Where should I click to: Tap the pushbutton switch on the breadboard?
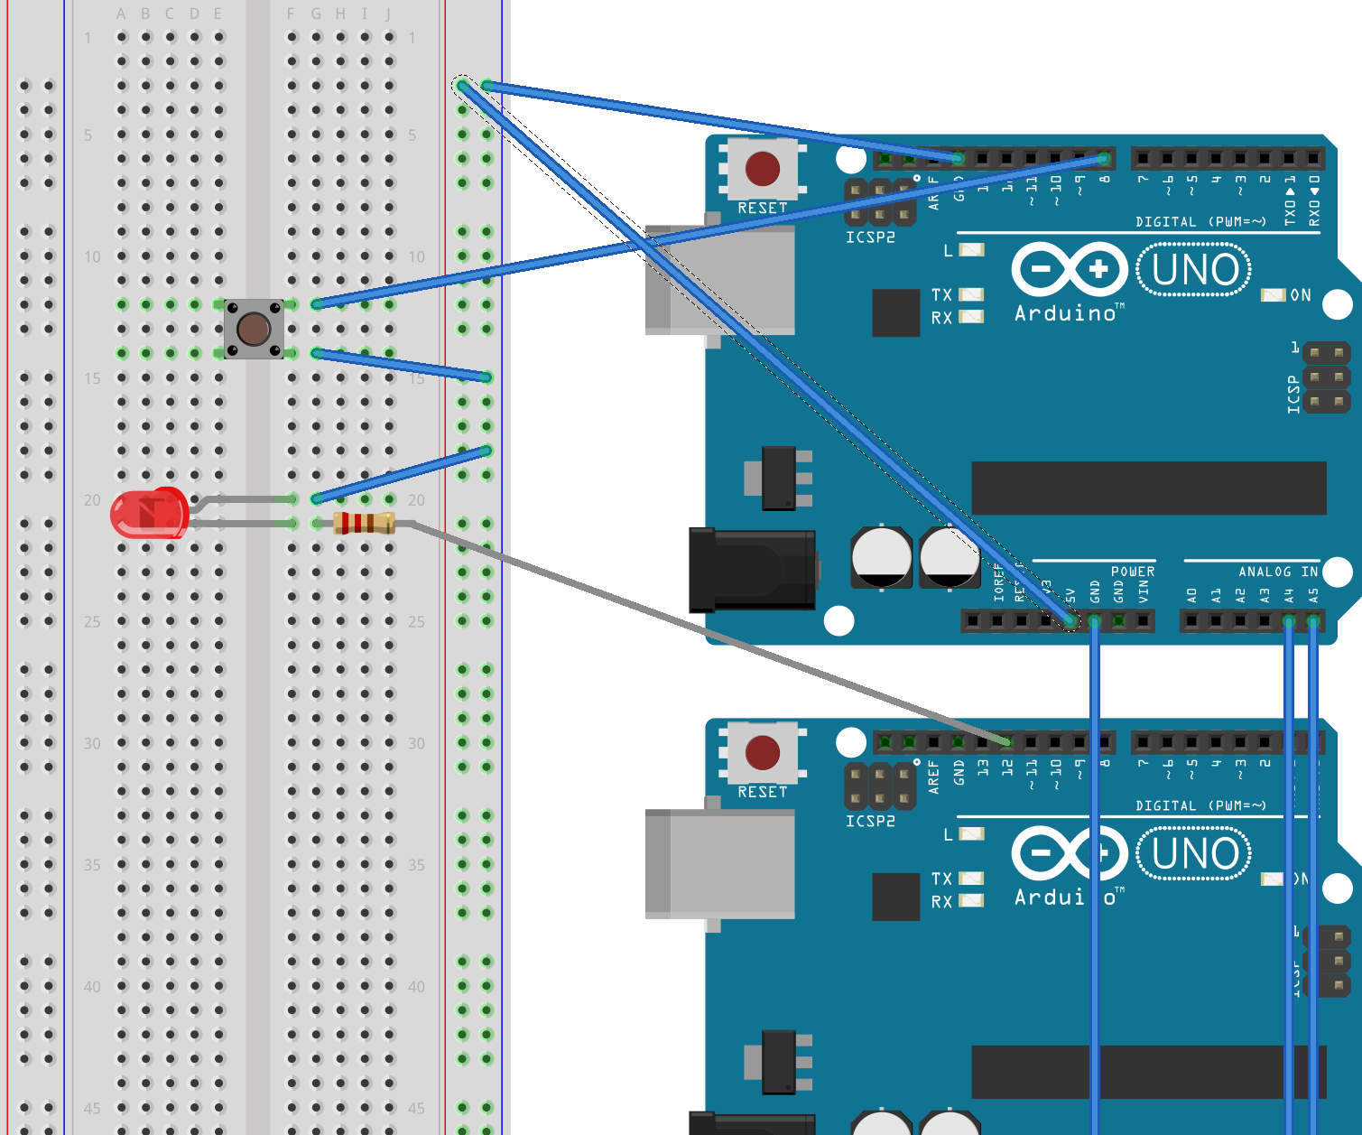(x=254, y=329)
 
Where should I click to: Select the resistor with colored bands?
(x=364, y=523)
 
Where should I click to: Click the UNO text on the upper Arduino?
(x=1194, y=270)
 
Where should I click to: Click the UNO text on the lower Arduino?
(x=1194, y=854)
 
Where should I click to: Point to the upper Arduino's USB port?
(x=719, y=280)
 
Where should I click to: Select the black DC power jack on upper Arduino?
(x=752, y=570)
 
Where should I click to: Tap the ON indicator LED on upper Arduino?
(x=1273, y=295)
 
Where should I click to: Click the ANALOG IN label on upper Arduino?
(x=1277, y=572)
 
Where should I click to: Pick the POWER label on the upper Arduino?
(x=1132, y=572)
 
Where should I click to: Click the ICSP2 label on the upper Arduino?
(x=870, y=237)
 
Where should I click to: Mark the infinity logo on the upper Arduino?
(x=1070, y=269)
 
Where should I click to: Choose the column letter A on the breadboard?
(x=121, y=14)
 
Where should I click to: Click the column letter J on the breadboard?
(x=388, y=14)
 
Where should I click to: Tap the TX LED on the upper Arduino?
(x=971, y=294)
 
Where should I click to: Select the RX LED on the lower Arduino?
(x=971, y=900)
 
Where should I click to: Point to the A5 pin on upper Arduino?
(x=1313, y=620)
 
